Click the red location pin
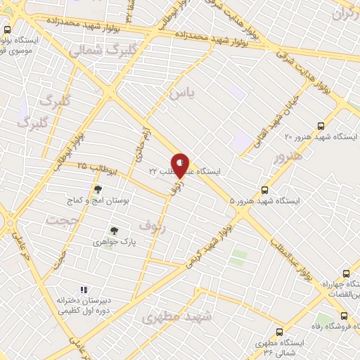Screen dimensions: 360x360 coord(181,165)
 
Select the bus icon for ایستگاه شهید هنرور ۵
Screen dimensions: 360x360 coord(265,189)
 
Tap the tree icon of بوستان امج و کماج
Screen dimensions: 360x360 coord(98,189)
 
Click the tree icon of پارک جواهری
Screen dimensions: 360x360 coord(112,230)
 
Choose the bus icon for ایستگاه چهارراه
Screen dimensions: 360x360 coord(345,274)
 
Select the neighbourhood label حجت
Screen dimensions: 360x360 coord(60,220)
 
